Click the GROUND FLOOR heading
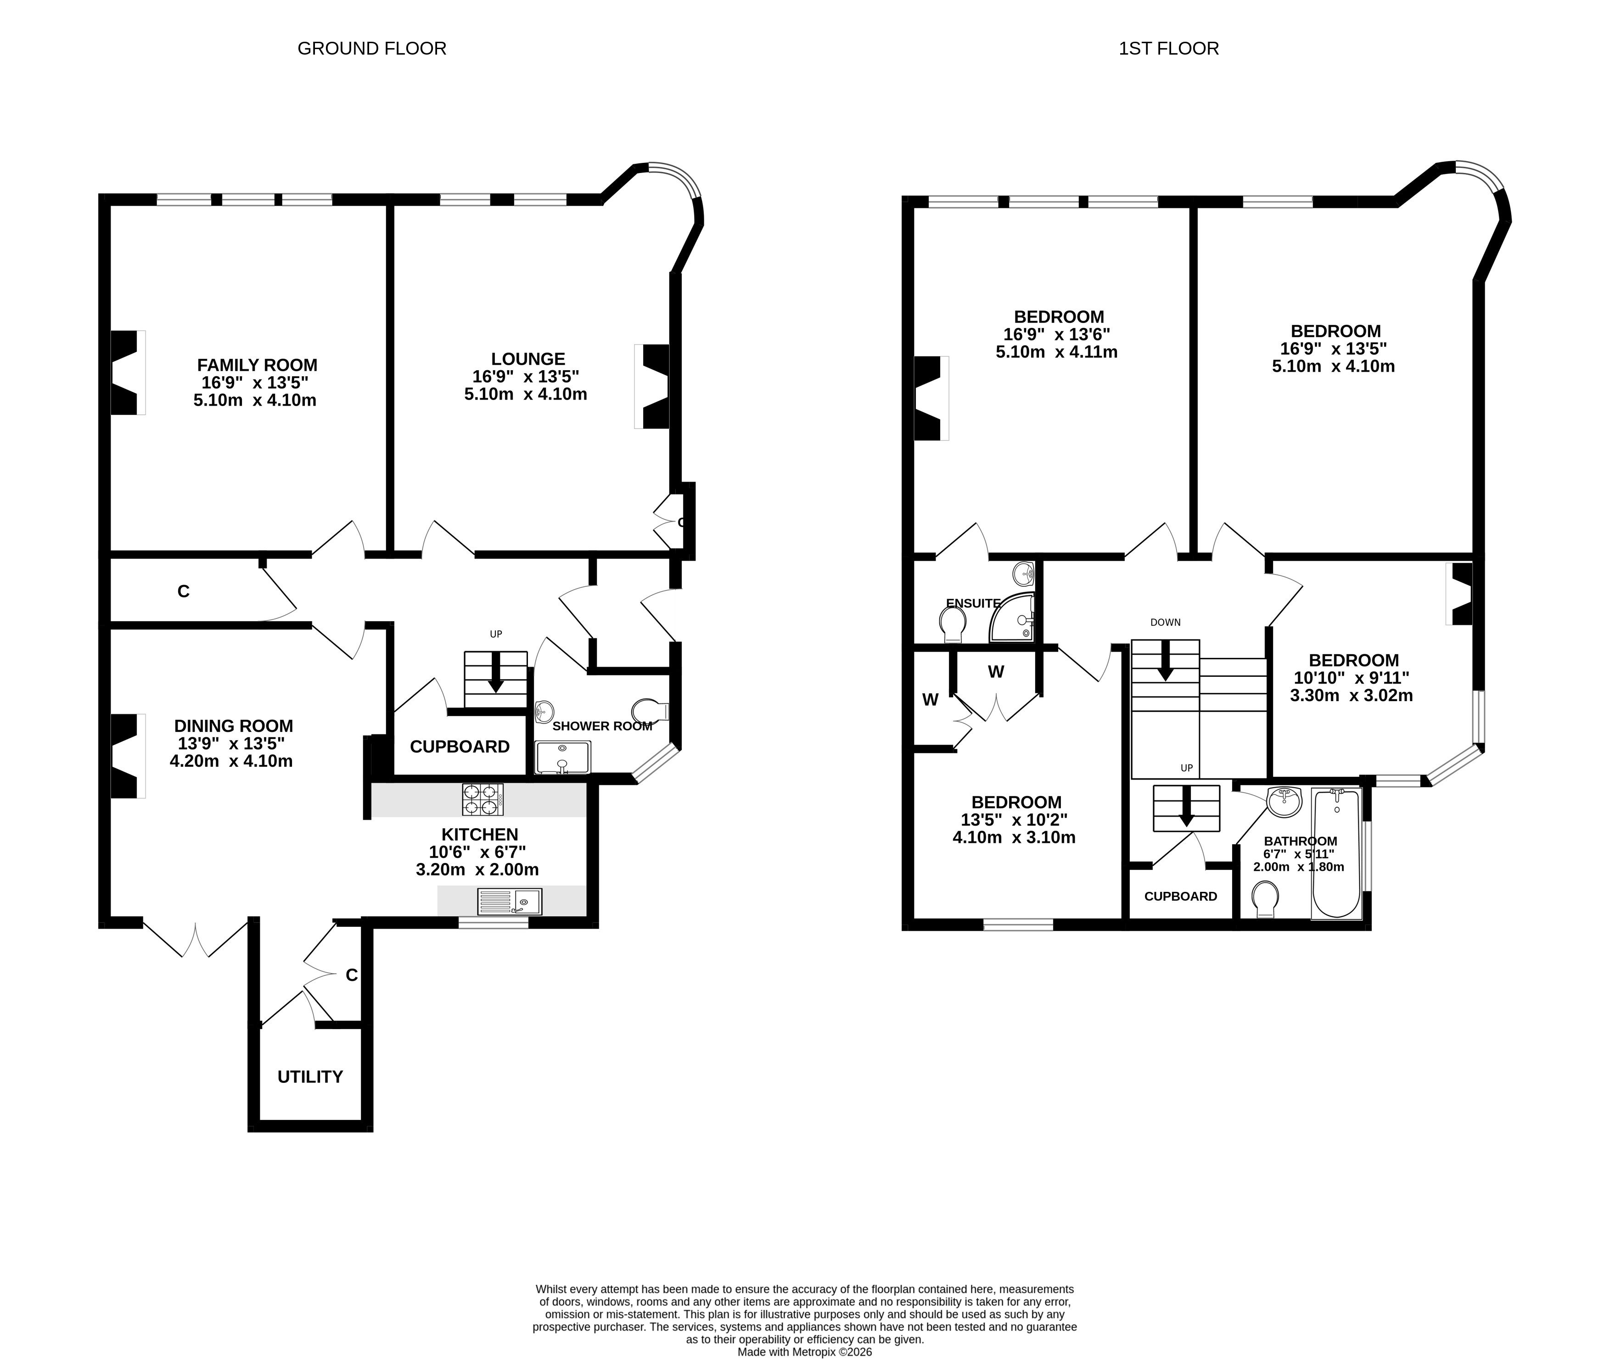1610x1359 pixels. pyautogui.click(x=371, y=49)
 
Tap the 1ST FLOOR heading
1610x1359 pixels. pyautogui.click(x=1168, y=49)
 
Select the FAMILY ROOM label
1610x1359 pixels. pyautogui.click(x=257, y=365)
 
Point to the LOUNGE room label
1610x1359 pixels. pyautogui.click(x=528, y=359)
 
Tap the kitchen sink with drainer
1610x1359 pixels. pyautogui.click(x=510, y=902)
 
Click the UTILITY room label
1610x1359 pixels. pyautogui.click(x=310, y=1077)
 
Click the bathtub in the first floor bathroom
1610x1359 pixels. pyautogui.click(x=1336, y=853)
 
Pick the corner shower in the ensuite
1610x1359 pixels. pyautogui.click(x=1012, y=618)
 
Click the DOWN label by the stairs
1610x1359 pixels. pyautogui.click(x=1165, y=623)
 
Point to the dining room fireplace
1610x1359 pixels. pyautogui.click(x=129, y=756)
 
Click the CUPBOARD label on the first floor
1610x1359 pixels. pyautogui.click(x=1181, y=896)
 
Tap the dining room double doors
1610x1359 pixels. pyautogui.click(x=196, y=938)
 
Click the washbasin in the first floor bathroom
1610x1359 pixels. pyautogui.click(x=1284, y=802)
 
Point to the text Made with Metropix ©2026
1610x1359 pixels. pyautogui.click(x=805, y=1351)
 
